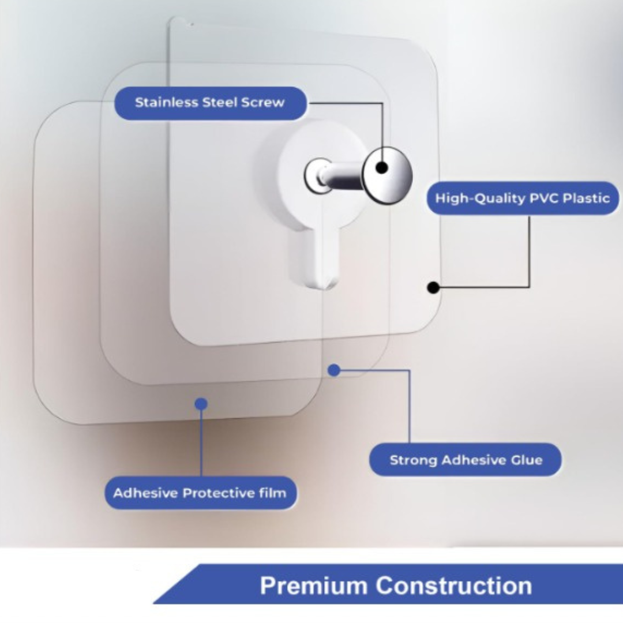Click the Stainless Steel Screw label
point(210,103)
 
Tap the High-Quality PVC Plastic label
point(523,198)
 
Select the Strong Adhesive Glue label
point(466,460)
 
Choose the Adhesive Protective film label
point(200,493)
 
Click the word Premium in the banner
point(314,586)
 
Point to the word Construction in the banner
point(453,586)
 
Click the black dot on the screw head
point(382,168)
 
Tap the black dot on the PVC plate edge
point(433,286)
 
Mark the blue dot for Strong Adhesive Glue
point(333,370)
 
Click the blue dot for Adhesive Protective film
point(201,404)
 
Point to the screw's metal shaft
point(343,177)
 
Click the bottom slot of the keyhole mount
point(311,260)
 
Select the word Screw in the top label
point(262,103)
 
